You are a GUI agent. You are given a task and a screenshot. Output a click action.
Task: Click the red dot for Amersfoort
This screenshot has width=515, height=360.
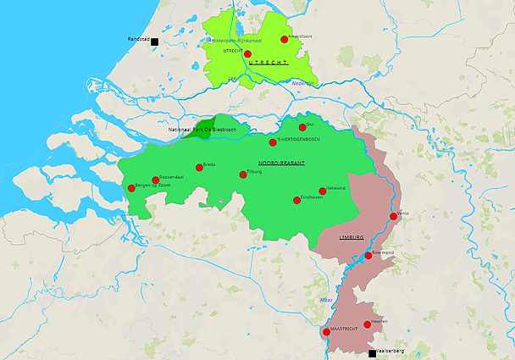[x=285, y=39]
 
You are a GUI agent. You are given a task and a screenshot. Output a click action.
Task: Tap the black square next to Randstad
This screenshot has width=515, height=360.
[x=155, y=40]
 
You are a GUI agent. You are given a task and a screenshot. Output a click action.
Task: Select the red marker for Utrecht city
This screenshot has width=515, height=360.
[x=247, y=53]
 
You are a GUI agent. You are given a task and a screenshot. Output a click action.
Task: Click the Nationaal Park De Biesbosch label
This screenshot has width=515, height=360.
[x=207, y=130]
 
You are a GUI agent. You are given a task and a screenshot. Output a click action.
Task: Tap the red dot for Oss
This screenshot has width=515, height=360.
[x=302, y=127]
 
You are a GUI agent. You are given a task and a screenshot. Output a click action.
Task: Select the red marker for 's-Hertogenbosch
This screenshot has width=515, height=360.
[x=273, y=142]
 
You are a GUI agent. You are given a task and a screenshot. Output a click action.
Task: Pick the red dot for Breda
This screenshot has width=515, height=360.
[x=199, y=168]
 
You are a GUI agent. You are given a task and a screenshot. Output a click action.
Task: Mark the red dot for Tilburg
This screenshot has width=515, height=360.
[x=243, y=174]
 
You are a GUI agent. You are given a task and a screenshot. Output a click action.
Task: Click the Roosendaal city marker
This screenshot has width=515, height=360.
[x=155, y=180]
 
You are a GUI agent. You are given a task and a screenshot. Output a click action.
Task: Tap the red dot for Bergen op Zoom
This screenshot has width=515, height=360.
[x=131, y=188]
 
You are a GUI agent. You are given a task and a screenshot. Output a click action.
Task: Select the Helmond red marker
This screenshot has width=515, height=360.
[x=322, y=191]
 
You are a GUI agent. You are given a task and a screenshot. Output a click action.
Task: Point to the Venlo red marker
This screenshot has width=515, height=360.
[x=394, y=216]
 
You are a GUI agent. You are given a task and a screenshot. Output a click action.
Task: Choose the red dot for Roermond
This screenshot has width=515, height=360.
[x=368, y=255]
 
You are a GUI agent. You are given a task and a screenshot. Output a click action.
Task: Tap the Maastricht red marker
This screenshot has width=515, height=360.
[x=326, y=332]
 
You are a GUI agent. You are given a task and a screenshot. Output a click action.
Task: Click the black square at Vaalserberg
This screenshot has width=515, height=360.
[x=372, y=353]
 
